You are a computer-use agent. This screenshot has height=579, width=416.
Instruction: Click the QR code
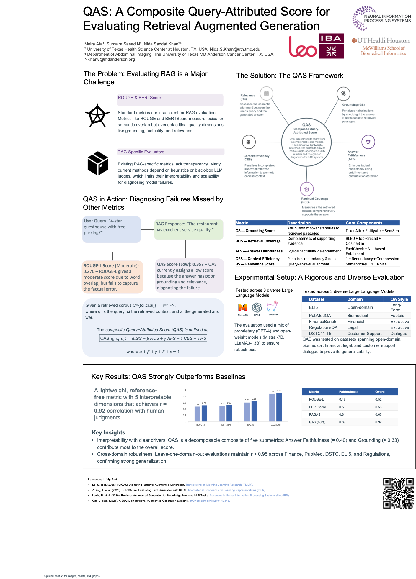398,493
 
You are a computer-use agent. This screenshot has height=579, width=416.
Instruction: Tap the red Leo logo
303,47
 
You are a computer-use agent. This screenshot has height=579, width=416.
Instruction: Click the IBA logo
331,46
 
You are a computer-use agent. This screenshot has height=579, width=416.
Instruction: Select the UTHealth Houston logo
381,46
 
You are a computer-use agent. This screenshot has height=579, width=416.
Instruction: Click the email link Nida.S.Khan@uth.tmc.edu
235,49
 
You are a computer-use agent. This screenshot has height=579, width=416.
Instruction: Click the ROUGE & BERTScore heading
139,98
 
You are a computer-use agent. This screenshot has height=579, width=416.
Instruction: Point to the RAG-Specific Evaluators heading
141,152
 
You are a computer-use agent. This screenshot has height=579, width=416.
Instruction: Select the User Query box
111,229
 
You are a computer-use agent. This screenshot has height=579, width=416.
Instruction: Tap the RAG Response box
189,229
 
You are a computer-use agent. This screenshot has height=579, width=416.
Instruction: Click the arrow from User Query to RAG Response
147,229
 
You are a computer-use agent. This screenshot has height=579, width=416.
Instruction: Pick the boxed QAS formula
153,338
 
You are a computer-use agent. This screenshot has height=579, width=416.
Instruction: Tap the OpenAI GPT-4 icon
257,307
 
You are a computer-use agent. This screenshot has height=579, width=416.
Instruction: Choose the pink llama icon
272,306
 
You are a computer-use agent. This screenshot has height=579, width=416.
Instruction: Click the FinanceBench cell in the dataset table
322,322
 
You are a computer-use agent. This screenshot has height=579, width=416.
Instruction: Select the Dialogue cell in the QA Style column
399,334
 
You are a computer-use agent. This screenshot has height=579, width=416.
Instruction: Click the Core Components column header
364,223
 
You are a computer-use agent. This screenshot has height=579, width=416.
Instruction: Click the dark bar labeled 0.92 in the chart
279,407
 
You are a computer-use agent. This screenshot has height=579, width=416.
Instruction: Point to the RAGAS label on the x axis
250,425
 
